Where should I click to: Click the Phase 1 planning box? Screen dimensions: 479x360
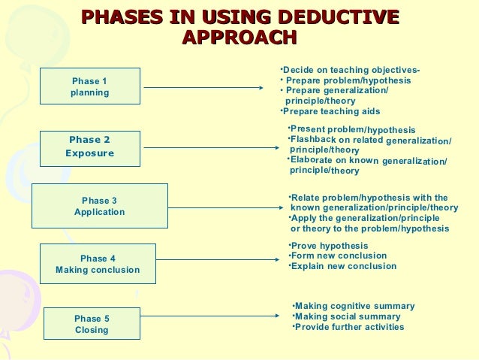[90, 86]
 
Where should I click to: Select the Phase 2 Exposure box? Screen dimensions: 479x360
[90, 147]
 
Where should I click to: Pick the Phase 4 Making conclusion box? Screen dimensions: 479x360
[98, 264]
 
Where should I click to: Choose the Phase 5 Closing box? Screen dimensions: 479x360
[92, 324]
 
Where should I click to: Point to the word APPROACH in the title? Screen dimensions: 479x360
[239, 38]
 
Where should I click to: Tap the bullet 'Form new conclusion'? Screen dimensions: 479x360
[339, 256]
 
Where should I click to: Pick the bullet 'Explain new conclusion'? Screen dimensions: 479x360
[344, 266]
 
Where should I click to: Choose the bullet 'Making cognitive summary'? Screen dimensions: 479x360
[354, 306]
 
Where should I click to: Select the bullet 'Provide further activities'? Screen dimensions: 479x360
[349, 327]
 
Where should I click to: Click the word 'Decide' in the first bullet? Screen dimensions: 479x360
[298, 71]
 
